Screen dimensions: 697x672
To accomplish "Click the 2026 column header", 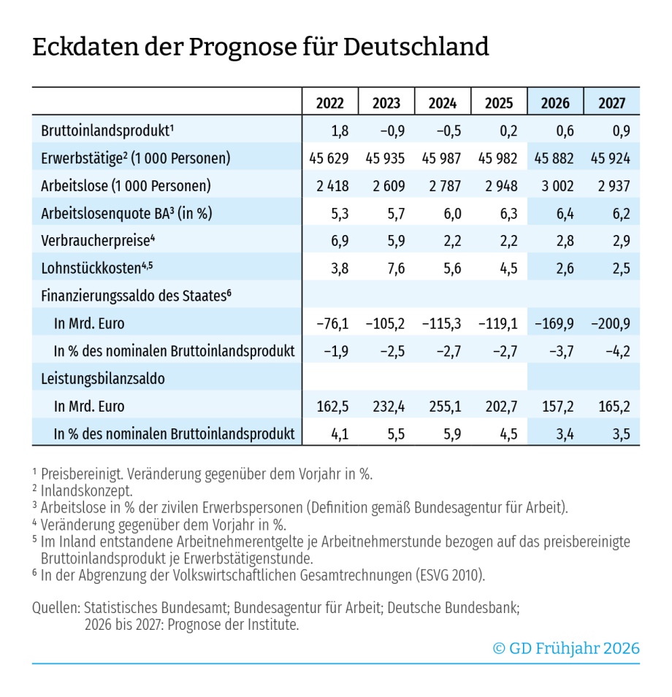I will coord(555,103).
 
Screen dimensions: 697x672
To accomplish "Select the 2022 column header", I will coord(330,103).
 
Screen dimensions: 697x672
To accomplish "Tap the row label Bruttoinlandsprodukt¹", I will coord(107,131).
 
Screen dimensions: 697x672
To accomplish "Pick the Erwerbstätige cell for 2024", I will coord(443,158).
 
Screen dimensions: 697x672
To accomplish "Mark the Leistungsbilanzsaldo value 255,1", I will coord(442,407).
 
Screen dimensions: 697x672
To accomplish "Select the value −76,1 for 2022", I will coord(330,324).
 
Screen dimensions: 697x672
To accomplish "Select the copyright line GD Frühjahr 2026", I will coord(566,648).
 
